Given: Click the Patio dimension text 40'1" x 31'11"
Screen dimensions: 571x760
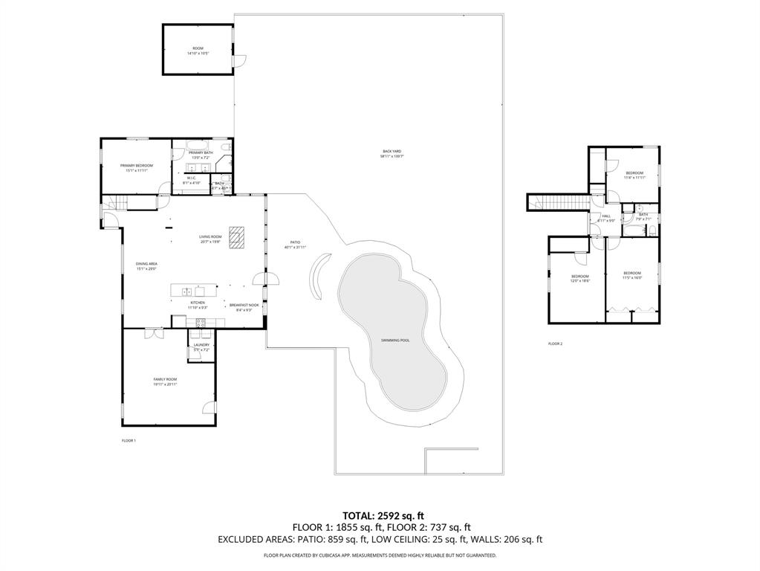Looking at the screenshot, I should click(295, 247).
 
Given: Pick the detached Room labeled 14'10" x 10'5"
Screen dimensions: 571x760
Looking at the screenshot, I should click(197, 51).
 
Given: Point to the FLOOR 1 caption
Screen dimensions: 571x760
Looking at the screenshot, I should click(129, 441).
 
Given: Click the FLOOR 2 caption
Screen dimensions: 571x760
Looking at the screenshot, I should click(555, 343).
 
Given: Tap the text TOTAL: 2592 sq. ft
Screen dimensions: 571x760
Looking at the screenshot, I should click(383, 515).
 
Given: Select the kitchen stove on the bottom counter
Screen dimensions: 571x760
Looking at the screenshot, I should click(200, 322).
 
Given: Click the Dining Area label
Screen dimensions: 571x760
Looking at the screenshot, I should click(146, 265).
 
